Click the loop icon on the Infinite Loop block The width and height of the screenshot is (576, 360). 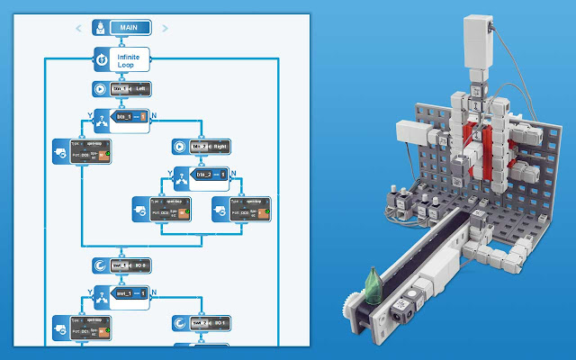(102, 60)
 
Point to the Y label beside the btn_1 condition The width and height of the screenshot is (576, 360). (89, 113)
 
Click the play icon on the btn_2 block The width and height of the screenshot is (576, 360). (178, 146)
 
